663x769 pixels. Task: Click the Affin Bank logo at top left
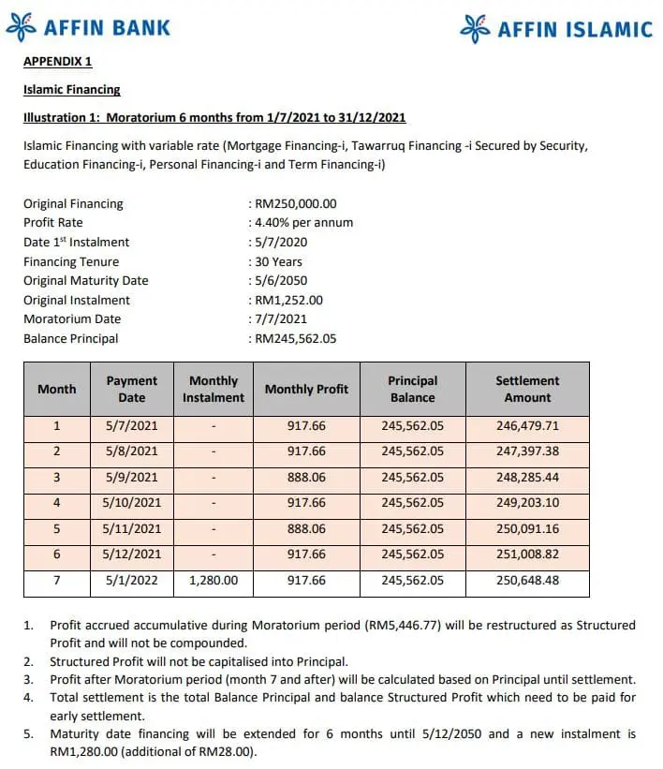(x=89, y=27)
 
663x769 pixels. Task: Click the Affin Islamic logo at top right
(x=556, y=29)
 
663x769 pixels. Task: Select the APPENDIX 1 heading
(x=58, y=63)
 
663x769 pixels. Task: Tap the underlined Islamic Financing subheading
(x=72, y=90)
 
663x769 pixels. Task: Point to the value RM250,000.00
(x=295, y=203)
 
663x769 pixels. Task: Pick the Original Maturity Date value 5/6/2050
(x=281, y=280)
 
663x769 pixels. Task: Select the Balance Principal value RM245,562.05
(x=295, y=338)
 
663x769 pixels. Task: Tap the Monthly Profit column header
(x=306, y=389)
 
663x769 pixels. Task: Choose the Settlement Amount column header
(x=527, y=389)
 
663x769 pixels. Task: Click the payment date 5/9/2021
(x=132, y=477)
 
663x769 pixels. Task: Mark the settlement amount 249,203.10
(x=527, y=503)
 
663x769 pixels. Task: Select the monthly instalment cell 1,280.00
(x=214, y=581)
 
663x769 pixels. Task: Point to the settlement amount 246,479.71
(x=527, y=425)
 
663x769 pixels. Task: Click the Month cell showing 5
(x=57, y=528)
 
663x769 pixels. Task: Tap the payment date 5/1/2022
(x=132, y=581)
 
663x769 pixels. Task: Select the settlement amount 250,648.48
(x=527, y=581)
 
